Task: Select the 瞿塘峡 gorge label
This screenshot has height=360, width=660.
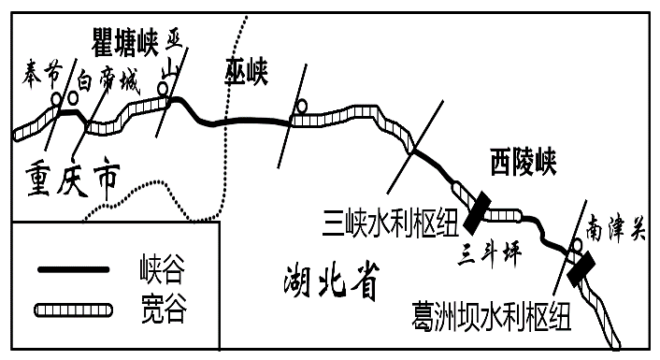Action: click(x=126, y=40)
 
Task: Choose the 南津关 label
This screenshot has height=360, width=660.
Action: click(x=615, y=227)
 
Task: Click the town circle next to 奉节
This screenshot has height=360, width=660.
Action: click(x=56, y=97)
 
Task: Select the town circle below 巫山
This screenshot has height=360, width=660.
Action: click(x=163, y=89)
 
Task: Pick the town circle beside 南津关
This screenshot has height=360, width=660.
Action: click(x=578, y=245)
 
